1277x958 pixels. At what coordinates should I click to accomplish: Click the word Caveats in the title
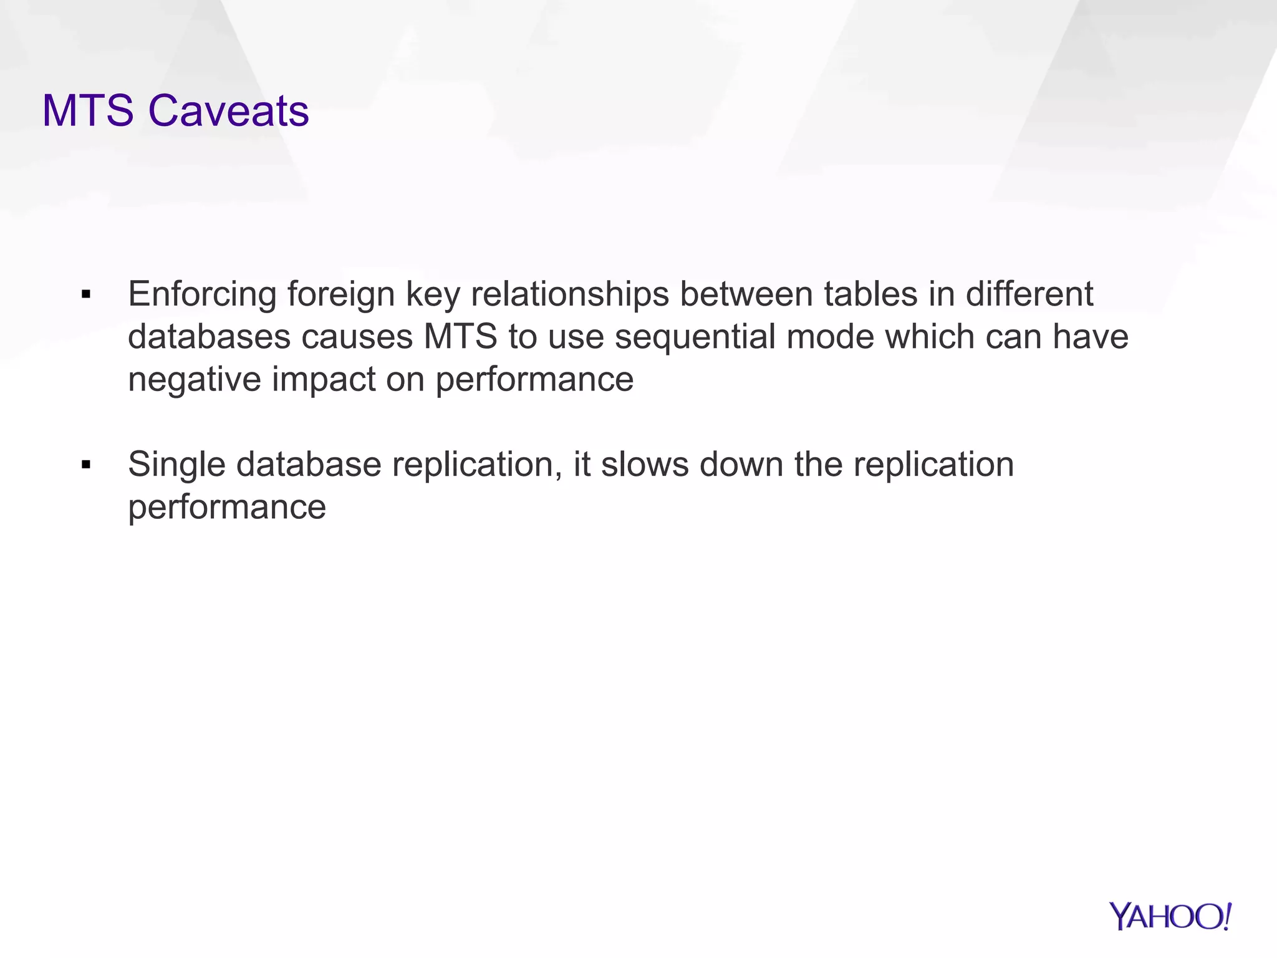coord(228,111)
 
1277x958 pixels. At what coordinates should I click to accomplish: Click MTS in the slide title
coord(88,111)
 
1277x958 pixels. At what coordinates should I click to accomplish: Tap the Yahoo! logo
coord(1170,916)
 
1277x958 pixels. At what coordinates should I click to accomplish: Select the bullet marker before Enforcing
coord(86,294)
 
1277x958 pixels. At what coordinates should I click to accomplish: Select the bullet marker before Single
coord(86,465)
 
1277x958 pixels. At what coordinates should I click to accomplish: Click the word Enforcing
coord(202,294)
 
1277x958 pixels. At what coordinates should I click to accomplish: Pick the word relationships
coord(570,294)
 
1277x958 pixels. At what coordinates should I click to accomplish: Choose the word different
coord(1029,294)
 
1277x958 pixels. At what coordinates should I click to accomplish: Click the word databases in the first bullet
coord(209,337)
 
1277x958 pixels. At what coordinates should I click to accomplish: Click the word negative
coord(194,379)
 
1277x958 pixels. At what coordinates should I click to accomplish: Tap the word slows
coord(645,465)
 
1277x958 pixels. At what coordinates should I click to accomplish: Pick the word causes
coord(357,337)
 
